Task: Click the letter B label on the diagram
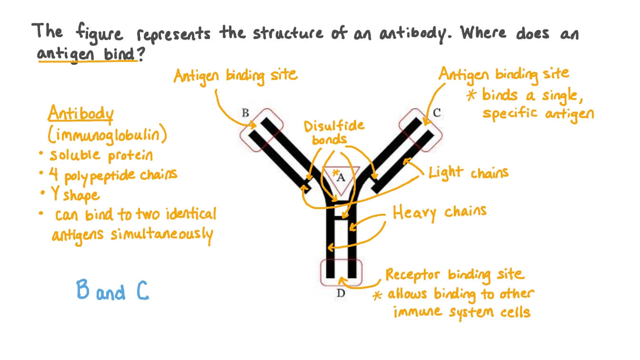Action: pos(245,113)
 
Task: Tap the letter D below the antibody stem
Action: pos(340,293)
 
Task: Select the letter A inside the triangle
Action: pos(340,178)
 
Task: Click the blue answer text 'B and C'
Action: pos(113,290)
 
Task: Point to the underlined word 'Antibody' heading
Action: pos(80,115)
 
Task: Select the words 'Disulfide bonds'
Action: pos(334,132)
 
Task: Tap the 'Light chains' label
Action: pos(469,172)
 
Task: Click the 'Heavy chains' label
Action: pos(439,212)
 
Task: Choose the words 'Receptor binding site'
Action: pos(454,275)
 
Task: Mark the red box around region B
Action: pos(261,129)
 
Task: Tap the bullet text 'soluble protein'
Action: pos(101,155)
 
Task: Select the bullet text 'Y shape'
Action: pos(75,195)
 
